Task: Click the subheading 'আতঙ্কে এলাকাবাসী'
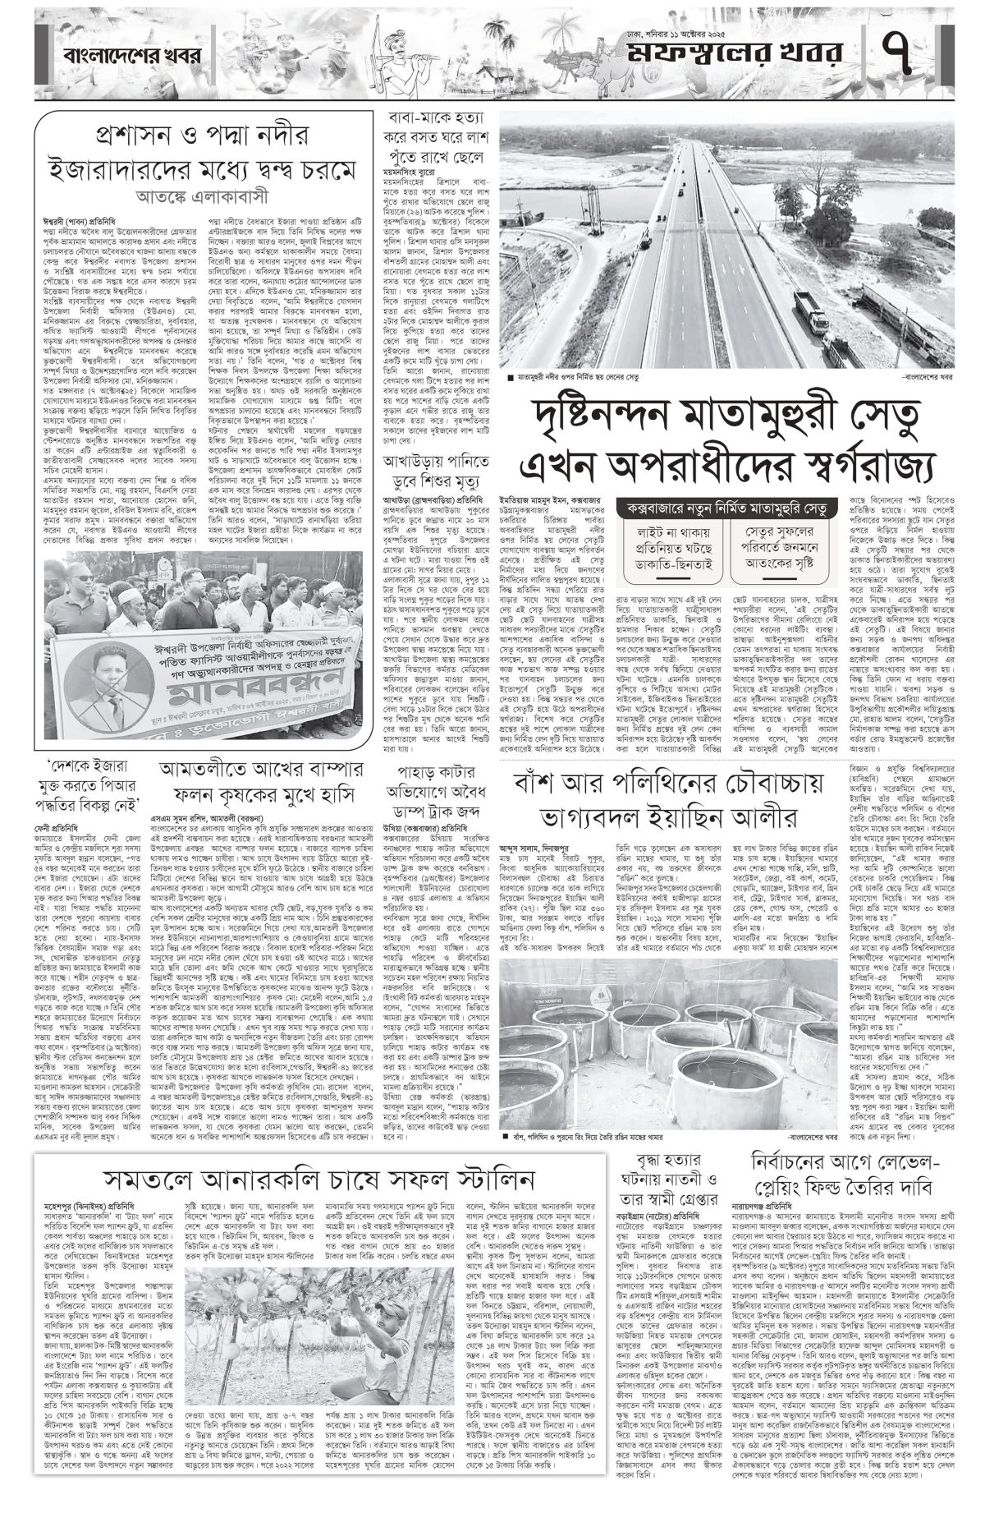point(198,199)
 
